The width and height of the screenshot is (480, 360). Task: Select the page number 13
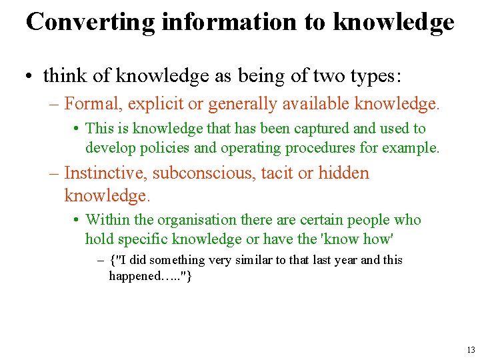(471, 349)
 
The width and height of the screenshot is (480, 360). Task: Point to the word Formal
(91, 103)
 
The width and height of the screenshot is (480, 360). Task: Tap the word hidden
(343, 173)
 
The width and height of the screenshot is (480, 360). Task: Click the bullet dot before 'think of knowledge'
(32, 77)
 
